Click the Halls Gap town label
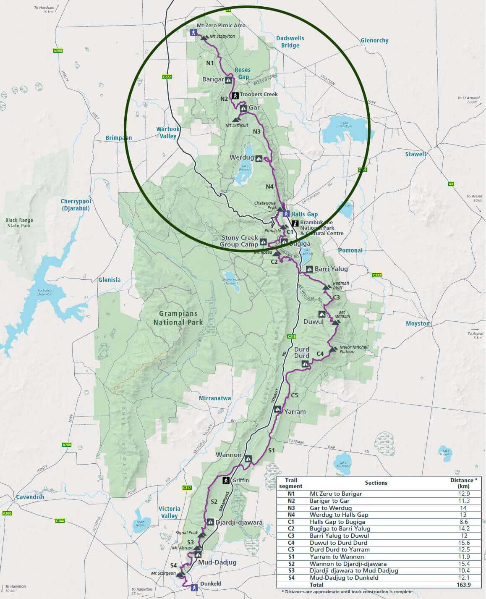(304, 214)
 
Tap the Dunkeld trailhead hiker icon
(193, 588)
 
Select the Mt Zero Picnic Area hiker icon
(193, 32)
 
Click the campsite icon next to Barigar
(229, 79)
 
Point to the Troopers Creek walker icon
(235, 95)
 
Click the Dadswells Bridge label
(290, 42)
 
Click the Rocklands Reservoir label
(44, 292)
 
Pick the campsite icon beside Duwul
(322, 314)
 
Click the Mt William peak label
(344, 314)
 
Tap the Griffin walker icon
(225, 480)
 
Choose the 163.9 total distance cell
(463, 584)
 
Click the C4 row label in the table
(291, 543)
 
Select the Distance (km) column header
(463, 483)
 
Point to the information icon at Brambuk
(295, 223)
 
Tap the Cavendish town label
(30, 497)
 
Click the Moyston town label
(418, 323)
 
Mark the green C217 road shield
(187, 488)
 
